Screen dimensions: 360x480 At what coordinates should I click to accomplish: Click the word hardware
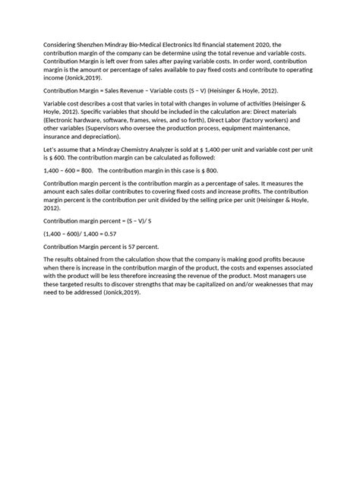click(92, 121)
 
